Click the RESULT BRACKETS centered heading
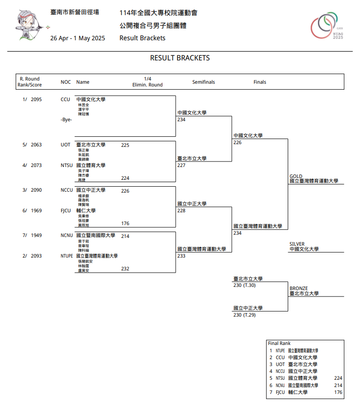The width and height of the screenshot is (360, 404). click(180, 58)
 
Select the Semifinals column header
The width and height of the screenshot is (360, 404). click(204, 82)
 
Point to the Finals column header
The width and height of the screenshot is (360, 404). click(260, 82)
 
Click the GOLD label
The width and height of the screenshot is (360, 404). click(296, 176)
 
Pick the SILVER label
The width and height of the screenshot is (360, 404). click(297, 244)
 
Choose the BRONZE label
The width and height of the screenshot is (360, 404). click(299, 288)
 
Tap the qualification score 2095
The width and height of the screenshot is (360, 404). click(36, 99)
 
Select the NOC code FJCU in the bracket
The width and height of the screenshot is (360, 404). click(66, 211)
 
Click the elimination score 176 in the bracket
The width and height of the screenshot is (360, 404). click(125, 224)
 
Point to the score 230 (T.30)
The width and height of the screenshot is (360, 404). click(244, 285)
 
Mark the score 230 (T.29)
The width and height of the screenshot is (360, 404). click(244, 315)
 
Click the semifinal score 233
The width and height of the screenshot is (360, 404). click(182, 256)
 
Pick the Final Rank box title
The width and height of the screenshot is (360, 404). click(279, 343)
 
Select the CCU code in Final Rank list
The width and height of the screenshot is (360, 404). click(280, 357)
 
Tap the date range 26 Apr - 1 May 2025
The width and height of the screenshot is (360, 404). click(78, 38)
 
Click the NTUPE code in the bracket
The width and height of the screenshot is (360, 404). click(67, 256)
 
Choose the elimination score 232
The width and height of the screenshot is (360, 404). click(125, 269)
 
